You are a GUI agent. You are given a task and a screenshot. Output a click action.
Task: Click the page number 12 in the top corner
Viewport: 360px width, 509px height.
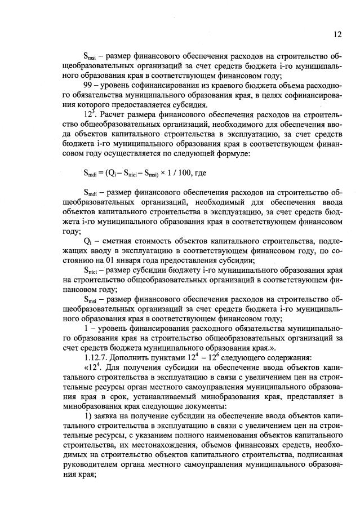[x=337, y=34]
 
